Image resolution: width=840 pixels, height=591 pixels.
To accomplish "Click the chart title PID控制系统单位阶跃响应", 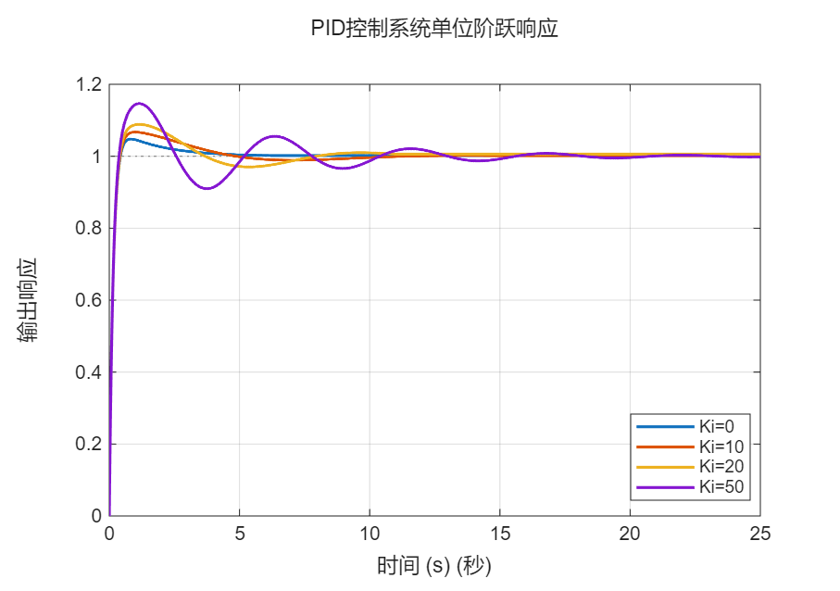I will [434, 29].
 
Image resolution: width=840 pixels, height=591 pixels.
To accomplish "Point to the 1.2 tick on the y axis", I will [89, 85].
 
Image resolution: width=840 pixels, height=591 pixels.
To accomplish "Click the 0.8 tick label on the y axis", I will [89, 229].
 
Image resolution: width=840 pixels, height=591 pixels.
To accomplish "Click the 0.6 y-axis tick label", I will [89, 300].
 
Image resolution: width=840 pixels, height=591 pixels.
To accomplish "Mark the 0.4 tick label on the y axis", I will [89, 372].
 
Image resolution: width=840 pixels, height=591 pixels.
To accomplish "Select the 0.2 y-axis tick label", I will [89, 444].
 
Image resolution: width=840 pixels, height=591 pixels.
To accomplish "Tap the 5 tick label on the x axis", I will [240, 534].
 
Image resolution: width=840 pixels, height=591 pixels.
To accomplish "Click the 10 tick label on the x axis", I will [370, 534].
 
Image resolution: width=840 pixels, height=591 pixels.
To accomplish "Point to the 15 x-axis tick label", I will [500, 534].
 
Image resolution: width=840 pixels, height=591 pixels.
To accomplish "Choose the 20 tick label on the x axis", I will [630, 534].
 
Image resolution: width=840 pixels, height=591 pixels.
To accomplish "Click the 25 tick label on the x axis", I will [759, 534].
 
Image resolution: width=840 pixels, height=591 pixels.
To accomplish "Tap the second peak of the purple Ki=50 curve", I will [274, 136].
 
